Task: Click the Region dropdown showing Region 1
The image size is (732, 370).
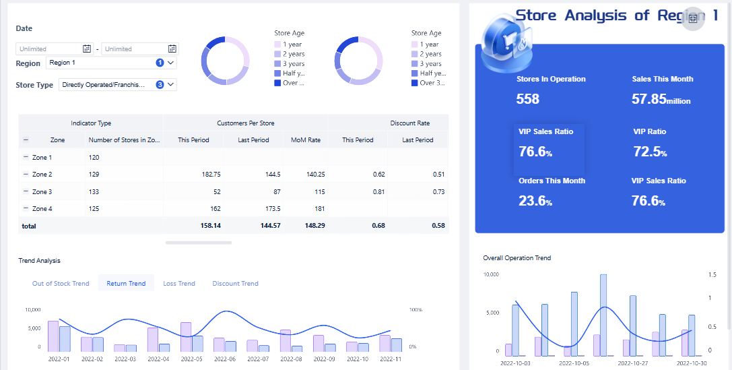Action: (111, 63)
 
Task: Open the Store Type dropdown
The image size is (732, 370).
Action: (117, 85)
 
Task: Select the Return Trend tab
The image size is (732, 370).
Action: (126, 283)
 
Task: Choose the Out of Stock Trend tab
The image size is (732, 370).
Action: (61, 283)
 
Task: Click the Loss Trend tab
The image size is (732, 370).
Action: (179, 283)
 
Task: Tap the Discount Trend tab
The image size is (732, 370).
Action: (235, 283)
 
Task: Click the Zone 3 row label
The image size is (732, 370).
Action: (42, 192)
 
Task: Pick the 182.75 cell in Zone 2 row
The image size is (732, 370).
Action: (211, 175)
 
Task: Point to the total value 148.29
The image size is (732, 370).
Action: (314, 226)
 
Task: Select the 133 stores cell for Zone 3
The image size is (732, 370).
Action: (94, 192)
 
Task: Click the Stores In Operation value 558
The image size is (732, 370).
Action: (528, 99)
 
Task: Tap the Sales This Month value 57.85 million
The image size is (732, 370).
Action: (661, 99)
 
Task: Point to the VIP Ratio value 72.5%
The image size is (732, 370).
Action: (650, 152)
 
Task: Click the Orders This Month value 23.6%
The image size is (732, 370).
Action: (535, 201)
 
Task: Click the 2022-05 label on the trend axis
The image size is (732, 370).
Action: (191, 359)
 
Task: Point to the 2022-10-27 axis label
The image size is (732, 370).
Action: (634, 363)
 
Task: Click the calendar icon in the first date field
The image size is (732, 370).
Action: (87, 49)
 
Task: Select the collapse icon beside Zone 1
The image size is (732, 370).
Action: (26, 157)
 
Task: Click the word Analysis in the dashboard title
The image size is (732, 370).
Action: (595, 16)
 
